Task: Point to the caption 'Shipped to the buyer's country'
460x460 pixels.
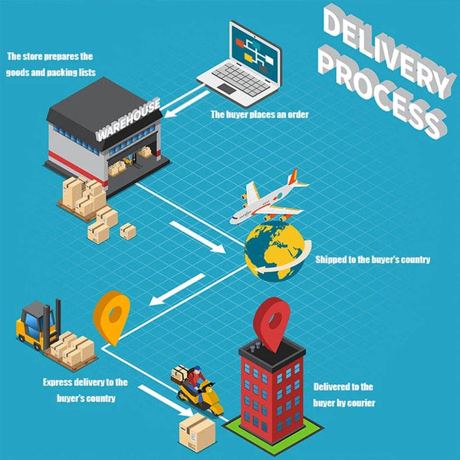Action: pos(373,259)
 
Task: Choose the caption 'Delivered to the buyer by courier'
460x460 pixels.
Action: pos(344,395)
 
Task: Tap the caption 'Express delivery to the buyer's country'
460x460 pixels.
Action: pos(85,389)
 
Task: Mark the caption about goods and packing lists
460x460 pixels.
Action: pos(50,63)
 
